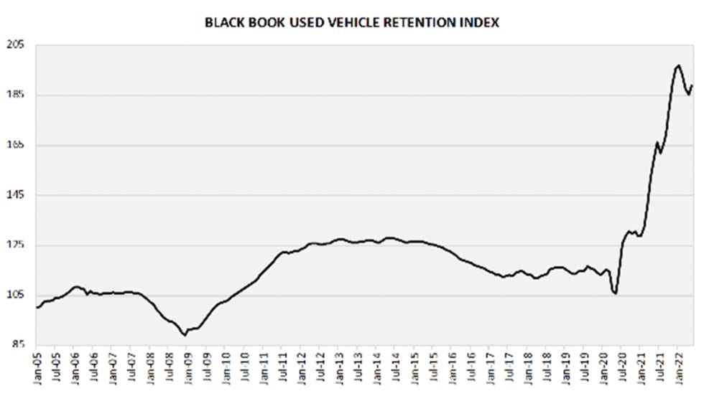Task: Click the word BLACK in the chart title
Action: pyautogui.click(x=221, y=22)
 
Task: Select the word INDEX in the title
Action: pyautogui.click(x=481, y=22)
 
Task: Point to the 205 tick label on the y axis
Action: pyautogui.click(x=15, y=45)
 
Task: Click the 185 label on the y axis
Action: pyautogui.click(x=15, y=95)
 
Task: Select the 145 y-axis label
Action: pyautogui.click(x=15, y=196)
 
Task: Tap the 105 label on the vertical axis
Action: pyautogui.click(x=15, y=296)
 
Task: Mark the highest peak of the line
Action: pyautogui.click(x=678, y=66)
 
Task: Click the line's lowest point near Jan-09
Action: pyautogui.click(x=185, y=335)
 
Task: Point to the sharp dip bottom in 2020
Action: pyautogui.click(x=616, y=293)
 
